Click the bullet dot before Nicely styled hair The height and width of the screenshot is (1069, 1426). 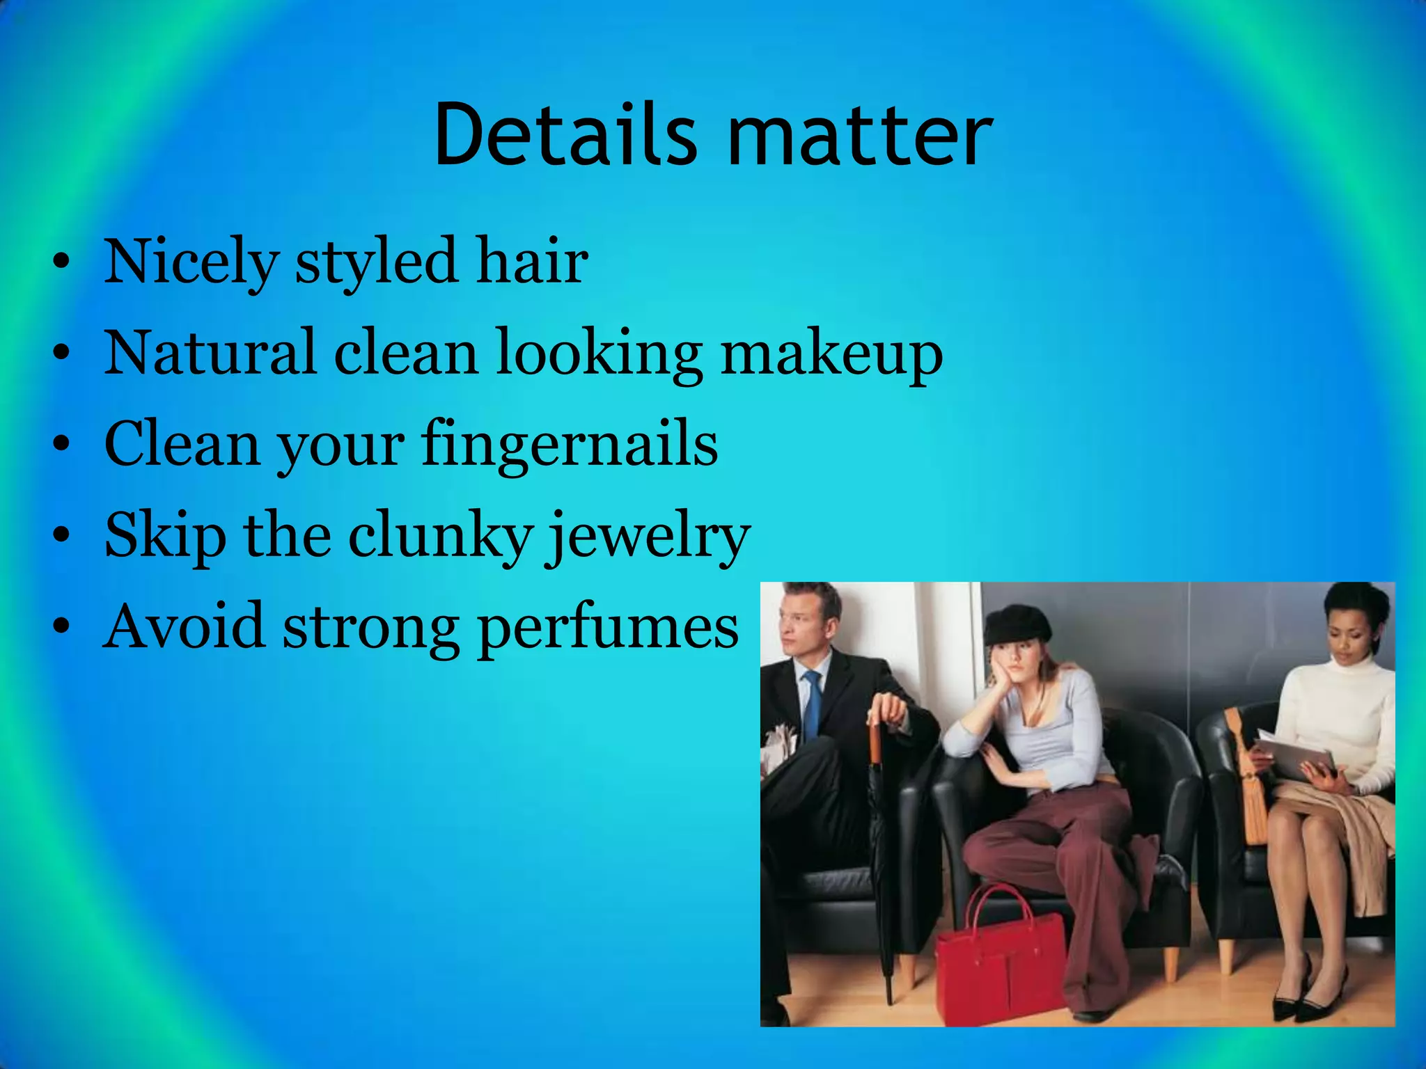click(61, 264)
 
